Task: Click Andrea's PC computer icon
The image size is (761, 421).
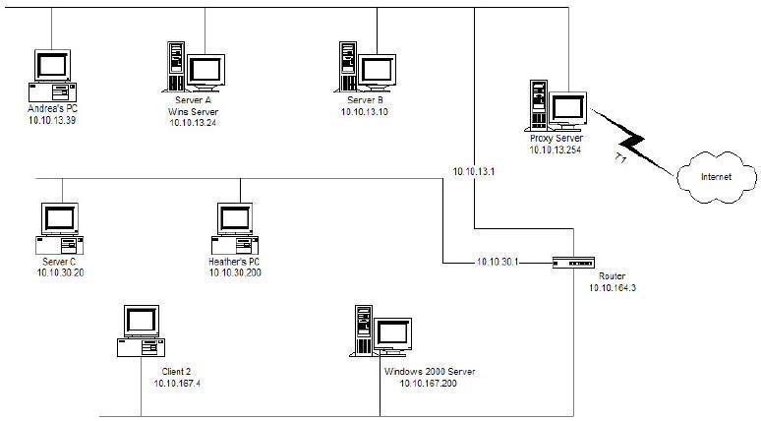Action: (52, 76)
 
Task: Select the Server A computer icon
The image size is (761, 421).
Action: (194, 67)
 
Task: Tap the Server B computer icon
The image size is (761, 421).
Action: (366, 67)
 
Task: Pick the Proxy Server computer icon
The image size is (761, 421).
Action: (556, 106)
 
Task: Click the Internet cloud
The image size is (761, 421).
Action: (717, 177)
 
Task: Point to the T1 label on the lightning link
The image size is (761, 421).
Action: (620, 157)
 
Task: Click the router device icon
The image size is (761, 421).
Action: (573, 264)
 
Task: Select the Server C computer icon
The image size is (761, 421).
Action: (60, 229)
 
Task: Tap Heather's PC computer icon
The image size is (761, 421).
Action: (235, 229)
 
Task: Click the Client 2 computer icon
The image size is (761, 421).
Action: (141, 331)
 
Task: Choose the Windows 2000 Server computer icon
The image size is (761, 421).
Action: (380, 331)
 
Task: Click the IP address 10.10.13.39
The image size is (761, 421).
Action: (52, 120)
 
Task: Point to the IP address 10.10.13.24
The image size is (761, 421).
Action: (193, 123)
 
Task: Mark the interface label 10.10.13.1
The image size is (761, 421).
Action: (474, 171)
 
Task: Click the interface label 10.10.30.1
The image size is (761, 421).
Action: (498, 263)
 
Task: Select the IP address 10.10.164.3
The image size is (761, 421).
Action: (613, 288)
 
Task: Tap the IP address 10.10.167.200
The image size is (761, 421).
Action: (428, 384)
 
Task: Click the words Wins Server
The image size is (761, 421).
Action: (193, 112)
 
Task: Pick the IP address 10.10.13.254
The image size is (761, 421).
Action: (556, 150)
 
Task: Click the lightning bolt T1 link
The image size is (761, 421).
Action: (632, 143)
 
